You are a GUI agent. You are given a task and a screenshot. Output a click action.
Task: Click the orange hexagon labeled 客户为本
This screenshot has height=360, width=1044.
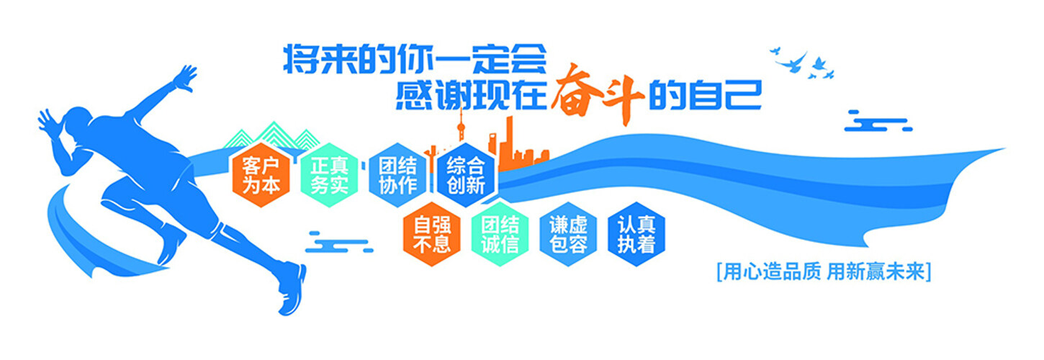click(x=261, y=176)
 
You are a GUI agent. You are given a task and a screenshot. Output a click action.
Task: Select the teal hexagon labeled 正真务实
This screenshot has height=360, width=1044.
click(x=329, y=176)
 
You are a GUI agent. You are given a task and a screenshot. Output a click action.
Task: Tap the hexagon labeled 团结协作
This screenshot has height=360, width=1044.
click(x=397, y=176)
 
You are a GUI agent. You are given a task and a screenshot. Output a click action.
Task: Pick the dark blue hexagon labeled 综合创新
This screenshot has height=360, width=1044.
click(x=466, y=176)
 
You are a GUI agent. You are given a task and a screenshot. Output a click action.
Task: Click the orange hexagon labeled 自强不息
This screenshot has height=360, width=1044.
click(x=431, y=234)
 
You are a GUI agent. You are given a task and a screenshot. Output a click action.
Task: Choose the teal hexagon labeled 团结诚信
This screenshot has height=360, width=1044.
click(x=500, y=234)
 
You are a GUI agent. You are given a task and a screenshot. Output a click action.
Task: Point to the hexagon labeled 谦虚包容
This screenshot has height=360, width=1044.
click(x=568, y=234)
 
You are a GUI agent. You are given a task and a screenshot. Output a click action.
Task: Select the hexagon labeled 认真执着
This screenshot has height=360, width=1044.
click(x=636, y=234)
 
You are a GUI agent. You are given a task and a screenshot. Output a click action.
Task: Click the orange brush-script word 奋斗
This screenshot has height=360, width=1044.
click(x=598, y=94)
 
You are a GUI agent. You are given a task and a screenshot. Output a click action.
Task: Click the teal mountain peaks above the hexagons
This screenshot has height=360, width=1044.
click(x=272, y=135)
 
